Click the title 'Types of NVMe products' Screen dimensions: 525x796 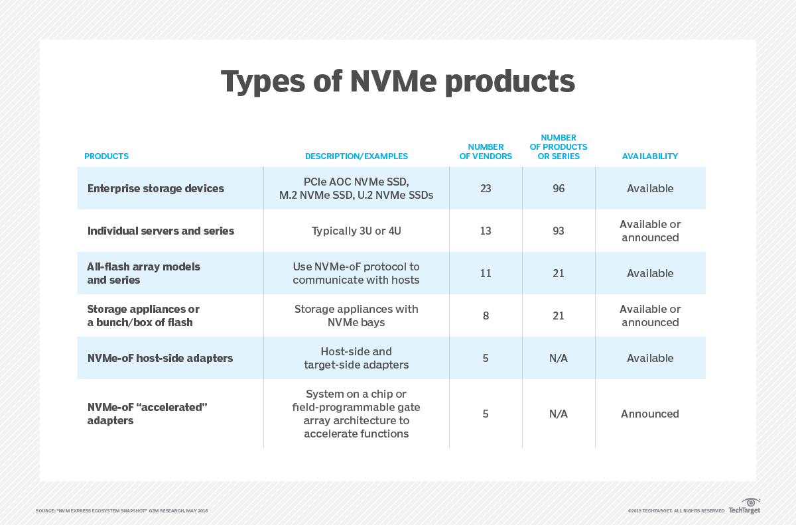point(397,82)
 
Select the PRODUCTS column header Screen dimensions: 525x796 point(106,156)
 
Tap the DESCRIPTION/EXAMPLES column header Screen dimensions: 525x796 point(356,156)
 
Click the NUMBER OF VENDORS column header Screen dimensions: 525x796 point(486,152)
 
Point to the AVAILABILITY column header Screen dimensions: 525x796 point(649,156)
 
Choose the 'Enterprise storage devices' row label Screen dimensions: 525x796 point(156,188)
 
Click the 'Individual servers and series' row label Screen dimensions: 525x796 point(161,231)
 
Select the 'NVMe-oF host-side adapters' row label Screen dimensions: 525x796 point(160,358)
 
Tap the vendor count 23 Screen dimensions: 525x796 point(486,188)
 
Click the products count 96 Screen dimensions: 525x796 point(559,188)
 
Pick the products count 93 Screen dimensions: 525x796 point(559,231)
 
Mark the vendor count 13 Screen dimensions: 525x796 point(486,231)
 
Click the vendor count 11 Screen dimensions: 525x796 point(486,273)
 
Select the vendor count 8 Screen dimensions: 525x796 point(486,316)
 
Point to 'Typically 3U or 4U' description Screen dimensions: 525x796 point(356,231)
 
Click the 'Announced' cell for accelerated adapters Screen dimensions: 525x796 point(649,414)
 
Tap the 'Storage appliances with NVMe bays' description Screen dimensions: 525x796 point(356,316)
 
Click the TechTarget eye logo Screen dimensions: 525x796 point(751,502)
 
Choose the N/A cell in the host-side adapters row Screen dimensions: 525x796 point(559,358)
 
